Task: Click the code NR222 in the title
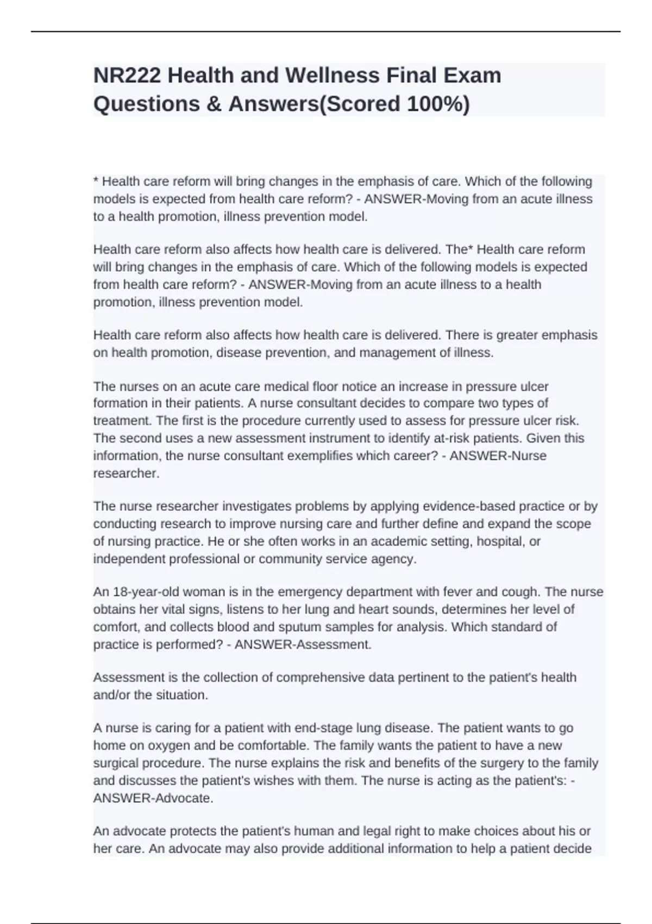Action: click(x=127, y=76)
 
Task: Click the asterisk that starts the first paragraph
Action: click(x=96, y=180)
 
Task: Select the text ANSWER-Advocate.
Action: click(x=153, y=798)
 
